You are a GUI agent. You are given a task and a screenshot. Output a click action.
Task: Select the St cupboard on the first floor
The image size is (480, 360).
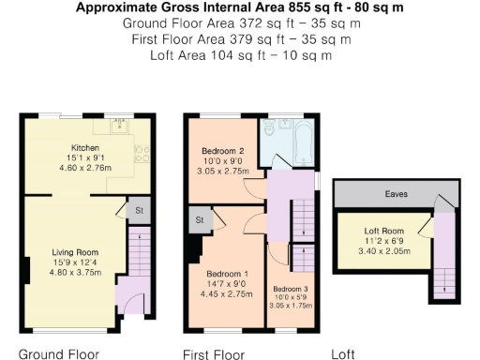[200, 220]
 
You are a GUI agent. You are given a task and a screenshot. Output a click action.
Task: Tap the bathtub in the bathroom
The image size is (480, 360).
[301, 144]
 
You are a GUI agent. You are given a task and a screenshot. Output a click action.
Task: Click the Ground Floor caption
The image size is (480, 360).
[59, 353]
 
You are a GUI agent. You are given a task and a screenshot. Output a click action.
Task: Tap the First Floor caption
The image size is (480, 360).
[214, 353]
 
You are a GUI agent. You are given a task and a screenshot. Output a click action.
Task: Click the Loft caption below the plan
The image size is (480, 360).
[344, 353]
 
